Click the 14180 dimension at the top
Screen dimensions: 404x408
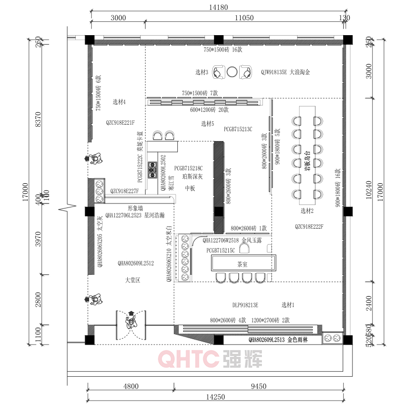(x=218, y=7)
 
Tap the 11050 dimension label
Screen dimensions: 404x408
(x=244, y=18)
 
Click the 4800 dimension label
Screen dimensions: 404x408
(x=131, y=387)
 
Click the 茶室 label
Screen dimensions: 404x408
(x=243, y=264)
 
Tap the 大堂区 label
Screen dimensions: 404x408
(x=133, y=280)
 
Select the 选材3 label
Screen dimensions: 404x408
(x=202, y=72)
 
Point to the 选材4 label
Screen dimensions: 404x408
(x=119, y=102)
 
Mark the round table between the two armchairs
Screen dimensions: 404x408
(x=232, y=72)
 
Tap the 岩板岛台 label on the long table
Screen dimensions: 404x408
(x=307, y=160)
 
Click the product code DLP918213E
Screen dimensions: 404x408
(x=245, y=305)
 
